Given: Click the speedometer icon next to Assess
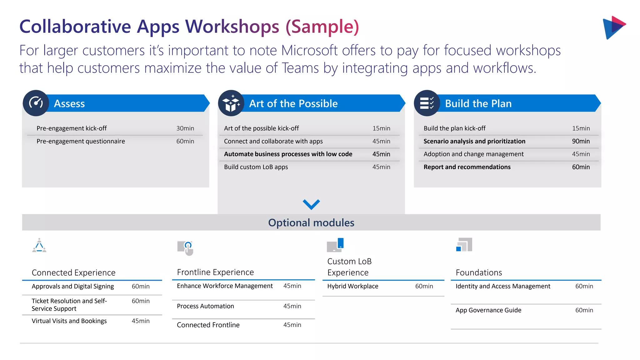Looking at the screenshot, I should [x=36, y=103].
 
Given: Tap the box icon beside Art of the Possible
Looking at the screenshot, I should [x=231, y=103].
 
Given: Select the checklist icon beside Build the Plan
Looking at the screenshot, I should [x=427, y=103].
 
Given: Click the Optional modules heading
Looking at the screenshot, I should [x=311, y=222].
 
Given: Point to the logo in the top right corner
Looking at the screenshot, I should [x=614, y=27].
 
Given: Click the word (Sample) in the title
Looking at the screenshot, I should [x=322, y=27].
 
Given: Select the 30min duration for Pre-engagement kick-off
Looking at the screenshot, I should [x=185, y=128].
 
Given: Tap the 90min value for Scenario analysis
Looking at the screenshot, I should [x=581, y=141].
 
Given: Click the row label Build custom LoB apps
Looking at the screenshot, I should [x=256, y=167].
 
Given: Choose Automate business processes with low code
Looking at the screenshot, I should [x=288, y=154].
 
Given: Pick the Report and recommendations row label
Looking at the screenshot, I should [x=467, y=167].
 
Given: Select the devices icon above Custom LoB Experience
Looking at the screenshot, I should [x=335, y=245].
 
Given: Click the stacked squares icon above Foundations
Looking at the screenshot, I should [x=464, y=244].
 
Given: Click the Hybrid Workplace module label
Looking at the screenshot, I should [x=352, y=286].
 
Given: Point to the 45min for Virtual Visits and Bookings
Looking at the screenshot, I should [x=141, y=321].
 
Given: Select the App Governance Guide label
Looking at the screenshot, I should [x=488, y=310].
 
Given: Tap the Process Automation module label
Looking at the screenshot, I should [x=205, y=306].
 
